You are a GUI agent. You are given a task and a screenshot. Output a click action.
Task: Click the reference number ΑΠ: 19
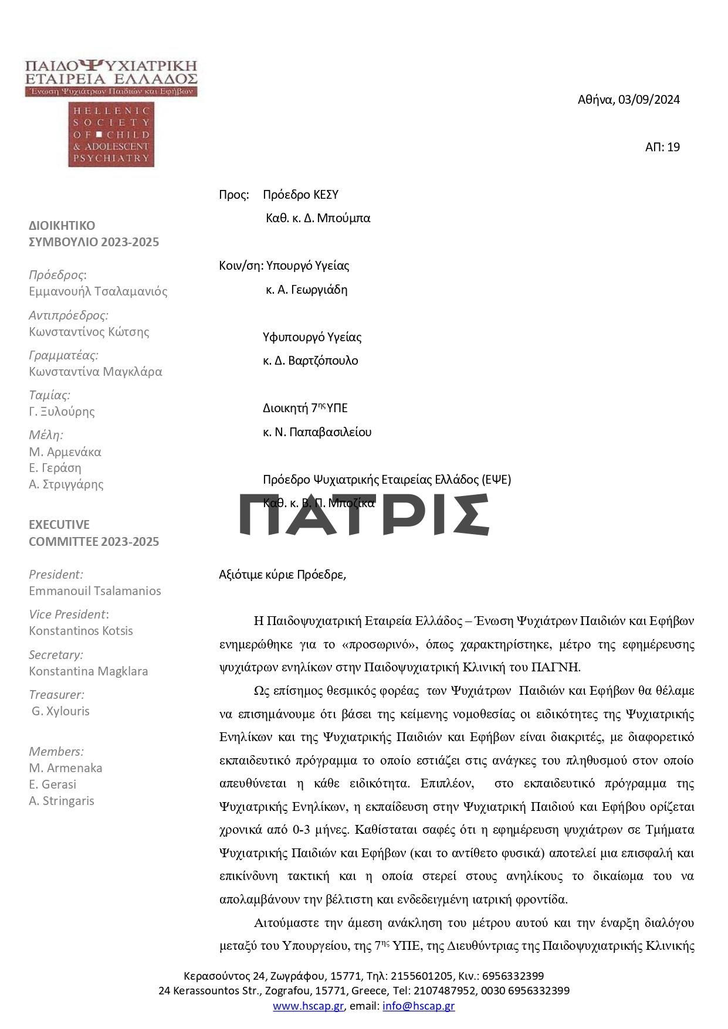pos(662,147)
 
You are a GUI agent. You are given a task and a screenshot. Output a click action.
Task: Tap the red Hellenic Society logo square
pos(111,135)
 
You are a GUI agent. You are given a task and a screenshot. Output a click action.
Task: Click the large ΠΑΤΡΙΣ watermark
pos(364,514)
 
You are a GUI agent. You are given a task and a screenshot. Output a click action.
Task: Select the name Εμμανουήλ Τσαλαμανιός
pos(98,291)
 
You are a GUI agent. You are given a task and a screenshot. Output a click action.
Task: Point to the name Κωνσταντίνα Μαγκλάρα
pos(96,372)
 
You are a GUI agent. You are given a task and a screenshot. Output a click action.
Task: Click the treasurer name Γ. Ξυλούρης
pos(62,412)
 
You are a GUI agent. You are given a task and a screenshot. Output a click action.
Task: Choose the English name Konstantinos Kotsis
pos(81,631)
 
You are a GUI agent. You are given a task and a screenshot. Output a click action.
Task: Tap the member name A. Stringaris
pos(62,801)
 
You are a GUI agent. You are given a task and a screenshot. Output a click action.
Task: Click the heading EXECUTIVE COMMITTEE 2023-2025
pos(94,533)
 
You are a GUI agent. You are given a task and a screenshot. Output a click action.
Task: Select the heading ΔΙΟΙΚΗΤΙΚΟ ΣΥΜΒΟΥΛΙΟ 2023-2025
pos(94,234)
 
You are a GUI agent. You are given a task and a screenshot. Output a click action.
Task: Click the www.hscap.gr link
pos(308,1006)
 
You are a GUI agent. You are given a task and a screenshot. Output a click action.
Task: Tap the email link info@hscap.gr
pos(418,1006)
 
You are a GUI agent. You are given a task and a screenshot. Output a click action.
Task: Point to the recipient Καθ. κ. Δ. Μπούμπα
pos(318,219)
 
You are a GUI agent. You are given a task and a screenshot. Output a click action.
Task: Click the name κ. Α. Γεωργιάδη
pos(306,290)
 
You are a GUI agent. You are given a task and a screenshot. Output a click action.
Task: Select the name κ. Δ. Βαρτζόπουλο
pos(310,361)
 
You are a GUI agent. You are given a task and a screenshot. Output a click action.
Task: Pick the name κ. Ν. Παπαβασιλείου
pos(317,432)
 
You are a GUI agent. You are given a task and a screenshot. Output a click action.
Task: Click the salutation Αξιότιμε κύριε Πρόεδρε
pos(282,575)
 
